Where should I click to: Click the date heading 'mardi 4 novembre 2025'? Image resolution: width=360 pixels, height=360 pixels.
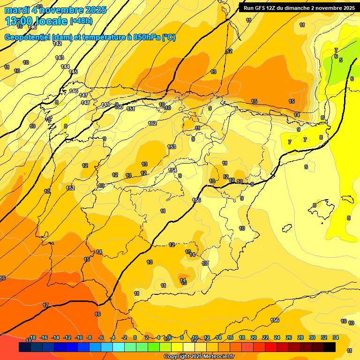tap(55, 10)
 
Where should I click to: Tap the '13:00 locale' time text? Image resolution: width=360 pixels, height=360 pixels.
tap(36, 21)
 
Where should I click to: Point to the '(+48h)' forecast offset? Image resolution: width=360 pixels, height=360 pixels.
tap(81, 21)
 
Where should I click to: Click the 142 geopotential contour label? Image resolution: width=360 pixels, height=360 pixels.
tap(58, 44)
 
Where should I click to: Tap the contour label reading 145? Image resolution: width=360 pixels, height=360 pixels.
tap(73, 72)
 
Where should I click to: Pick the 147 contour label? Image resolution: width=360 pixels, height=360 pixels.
tap(83, 95)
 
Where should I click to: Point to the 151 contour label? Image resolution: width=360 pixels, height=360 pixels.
tap(131, 109)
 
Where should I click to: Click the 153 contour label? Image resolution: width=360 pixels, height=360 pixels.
tap(172, 147)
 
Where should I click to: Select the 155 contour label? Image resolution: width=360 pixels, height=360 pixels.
tap(196, 200)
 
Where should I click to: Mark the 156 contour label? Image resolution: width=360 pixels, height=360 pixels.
tap(275, 320)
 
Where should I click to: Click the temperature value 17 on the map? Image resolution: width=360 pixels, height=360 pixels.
tap(45, 305)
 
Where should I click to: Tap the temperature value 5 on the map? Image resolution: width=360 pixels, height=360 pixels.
tap(341, 60)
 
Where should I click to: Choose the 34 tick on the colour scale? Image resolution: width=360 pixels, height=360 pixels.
tap(336, 337)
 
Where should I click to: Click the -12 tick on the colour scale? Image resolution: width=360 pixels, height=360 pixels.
tap(67, 337)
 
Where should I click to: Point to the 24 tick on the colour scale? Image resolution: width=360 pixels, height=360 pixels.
tap(277, 337)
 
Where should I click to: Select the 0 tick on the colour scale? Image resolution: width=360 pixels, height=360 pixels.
tap(135, 337)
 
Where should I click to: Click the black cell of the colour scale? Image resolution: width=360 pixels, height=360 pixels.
tap(330, 347)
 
